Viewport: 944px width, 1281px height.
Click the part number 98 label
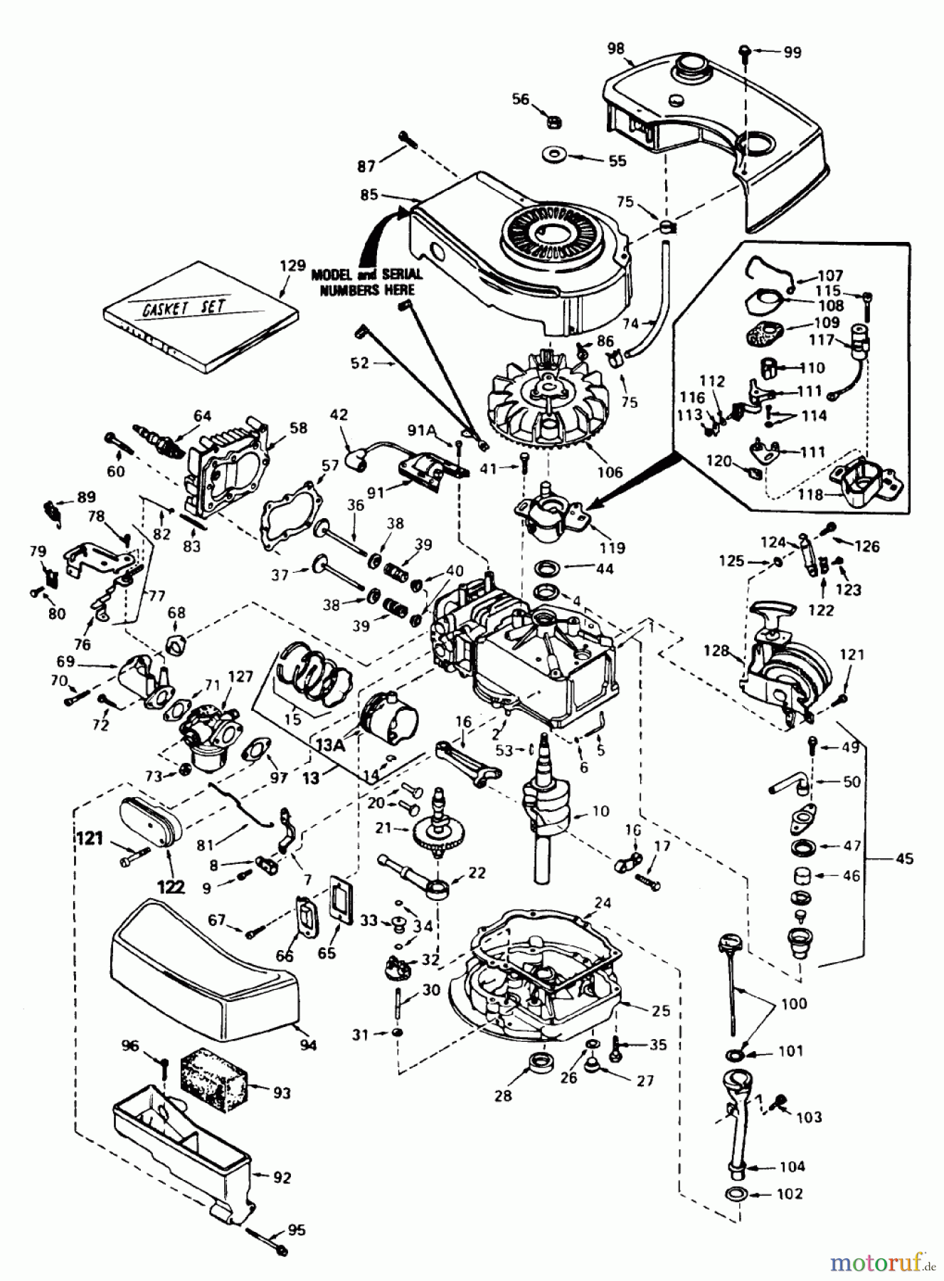click(616, 48)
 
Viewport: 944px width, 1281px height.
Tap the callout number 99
click(791, 52)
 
